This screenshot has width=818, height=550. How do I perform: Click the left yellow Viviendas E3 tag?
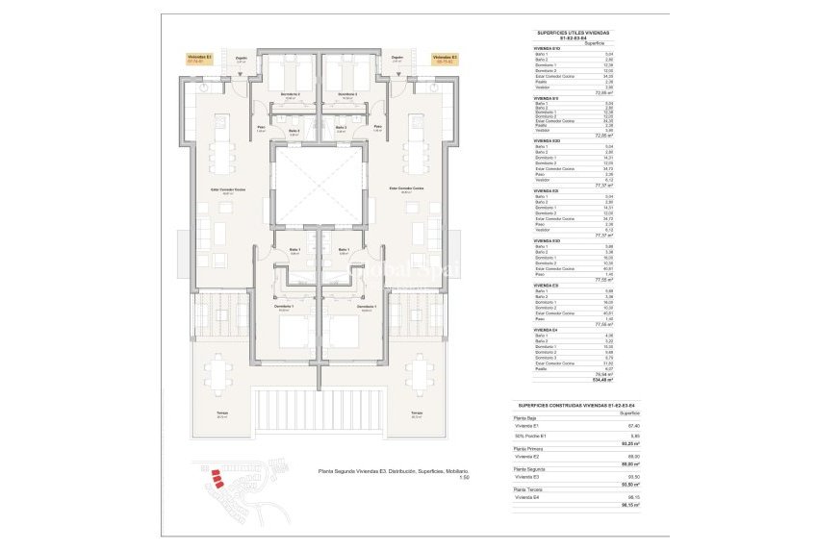point(200,59)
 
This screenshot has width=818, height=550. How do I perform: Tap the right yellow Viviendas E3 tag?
point(445,59)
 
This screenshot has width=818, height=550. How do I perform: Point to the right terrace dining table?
point(420,373)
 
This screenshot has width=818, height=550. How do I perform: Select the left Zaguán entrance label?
point(242,59)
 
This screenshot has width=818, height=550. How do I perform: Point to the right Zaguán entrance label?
point(397,59)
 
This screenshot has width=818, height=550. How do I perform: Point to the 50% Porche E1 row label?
point(530,437)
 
